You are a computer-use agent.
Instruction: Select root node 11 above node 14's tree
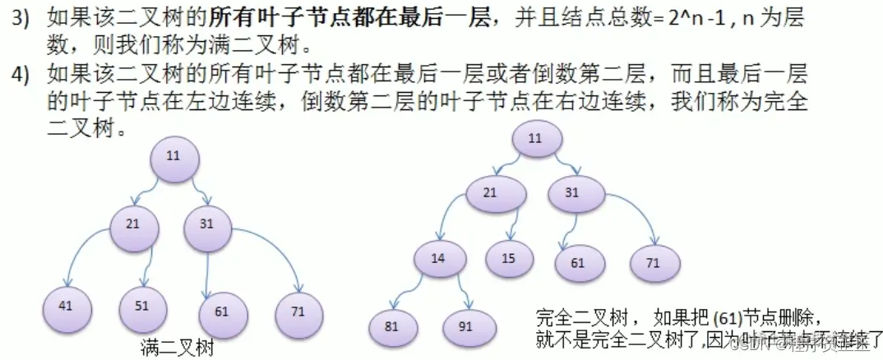(x=535, y=138)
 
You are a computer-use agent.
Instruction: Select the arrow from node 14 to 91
(x=465, y=289)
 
